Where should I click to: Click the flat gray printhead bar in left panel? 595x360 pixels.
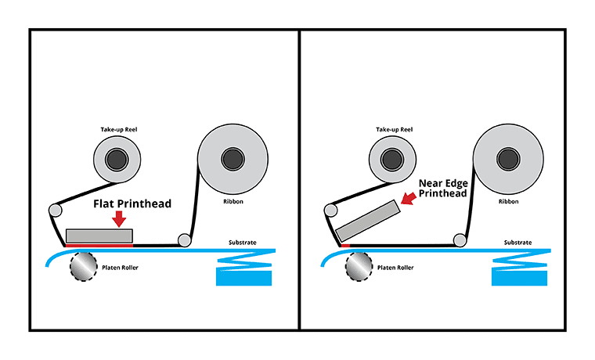click(99, 235)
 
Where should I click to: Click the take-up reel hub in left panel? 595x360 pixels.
click(116, 160)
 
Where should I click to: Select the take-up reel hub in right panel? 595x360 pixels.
click(393, 160)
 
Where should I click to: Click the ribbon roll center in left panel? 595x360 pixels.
click(233, 160)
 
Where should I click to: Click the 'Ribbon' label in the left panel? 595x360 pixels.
click(233, 201)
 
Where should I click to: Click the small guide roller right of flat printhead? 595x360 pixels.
click(185, 239)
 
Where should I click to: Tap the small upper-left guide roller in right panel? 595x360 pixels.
click(332, 211)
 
